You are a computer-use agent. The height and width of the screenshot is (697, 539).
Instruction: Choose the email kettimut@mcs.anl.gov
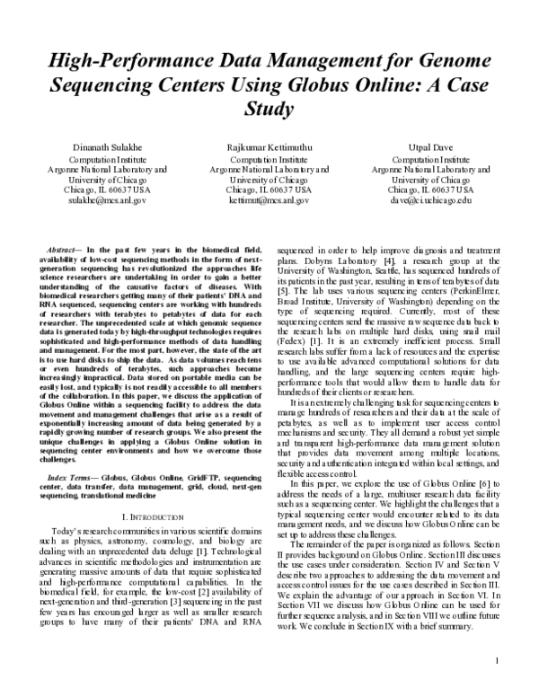coord(269,201)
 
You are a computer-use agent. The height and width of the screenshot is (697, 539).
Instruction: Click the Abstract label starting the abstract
coord(63,246)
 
